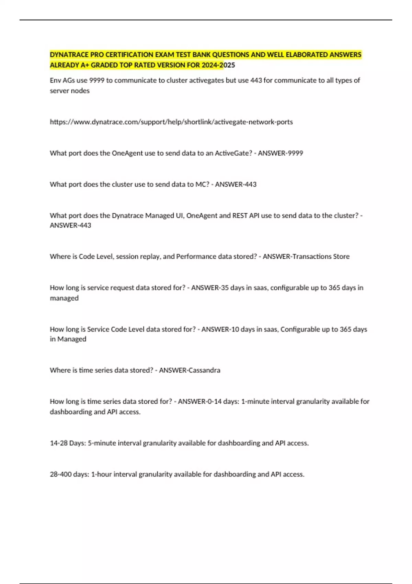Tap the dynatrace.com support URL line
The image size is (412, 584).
(x=171, y=122)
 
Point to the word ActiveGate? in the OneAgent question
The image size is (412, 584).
(x=233, y=153)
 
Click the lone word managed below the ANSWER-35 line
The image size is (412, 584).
(x=64, y=298)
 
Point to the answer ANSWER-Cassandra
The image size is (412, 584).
(x=190, y=370)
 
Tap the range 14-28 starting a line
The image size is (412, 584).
(x=59, y=443)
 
